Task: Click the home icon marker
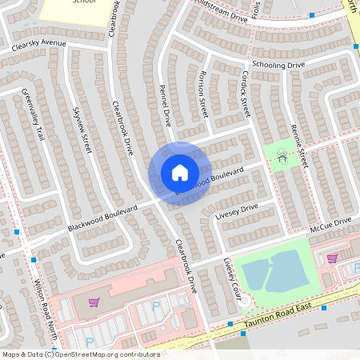coord(179,172)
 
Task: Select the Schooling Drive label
coord(278,64)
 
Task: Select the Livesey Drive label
coord(237,212)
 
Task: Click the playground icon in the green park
coord(282,154)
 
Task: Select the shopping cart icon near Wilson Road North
coord(94,302)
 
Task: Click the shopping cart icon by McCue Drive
coord(331,258)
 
